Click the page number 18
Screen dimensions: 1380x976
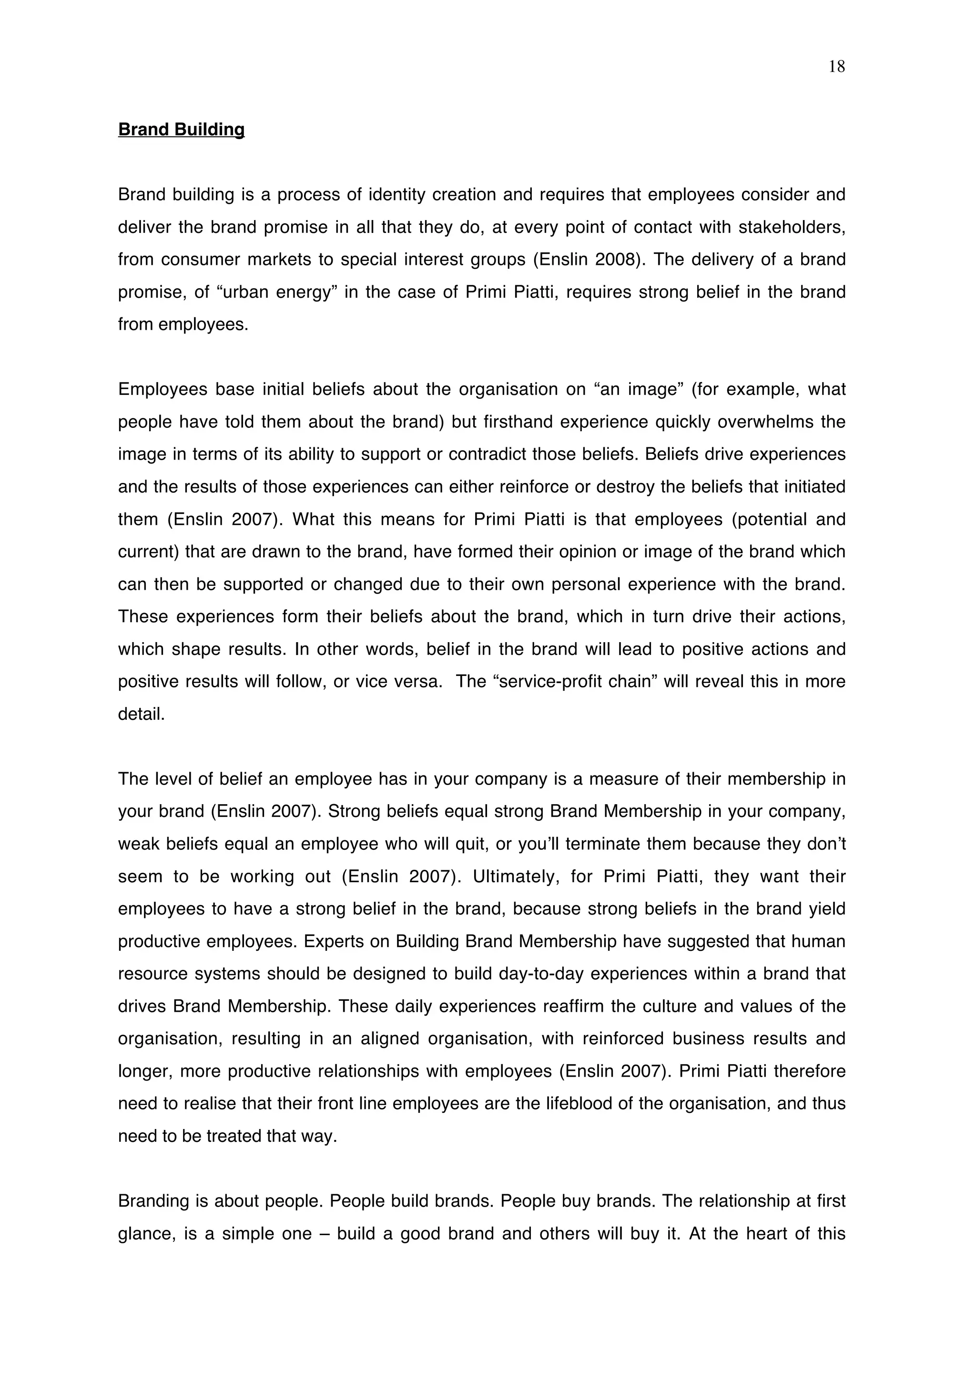[836, 67]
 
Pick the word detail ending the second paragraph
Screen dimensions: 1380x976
[141, 714]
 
